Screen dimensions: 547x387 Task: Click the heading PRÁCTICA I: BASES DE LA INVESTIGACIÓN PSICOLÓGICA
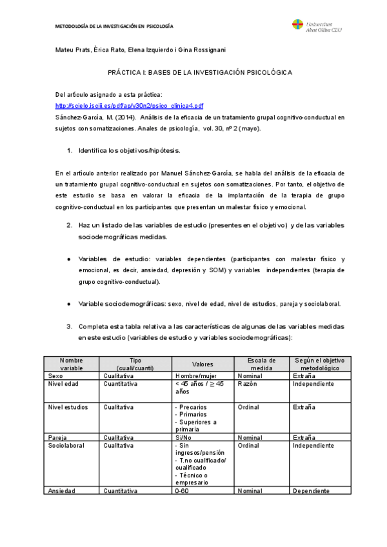(x=199, y=73)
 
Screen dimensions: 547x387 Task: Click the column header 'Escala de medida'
(x=263, y=364)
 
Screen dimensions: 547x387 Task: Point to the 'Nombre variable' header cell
(x=72, y=364)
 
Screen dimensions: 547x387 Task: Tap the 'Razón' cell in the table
(x=248, y=384)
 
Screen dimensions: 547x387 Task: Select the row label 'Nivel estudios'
(x=68, y=407)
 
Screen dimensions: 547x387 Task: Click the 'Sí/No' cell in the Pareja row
(x=184, y=437)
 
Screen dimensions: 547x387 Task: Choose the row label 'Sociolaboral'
(x=66, y=445)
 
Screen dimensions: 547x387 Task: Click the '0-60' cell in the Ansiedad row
(x=182, y=491)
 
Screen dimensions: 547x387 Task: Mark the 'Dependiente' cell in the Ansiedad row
(x=313, y=491)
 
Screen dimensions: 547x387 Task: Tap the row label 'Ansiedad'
(x=62, y=491)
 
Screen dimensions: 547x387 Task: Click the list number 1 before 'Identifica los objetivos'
(x=70, y=150)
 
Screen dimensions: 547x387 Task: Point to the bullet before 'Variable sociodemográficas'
(x=69, y=303)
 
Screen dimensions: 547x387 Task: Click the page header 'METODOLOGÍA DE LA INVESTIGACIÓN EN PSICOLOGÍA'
(x=114, y=27)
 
